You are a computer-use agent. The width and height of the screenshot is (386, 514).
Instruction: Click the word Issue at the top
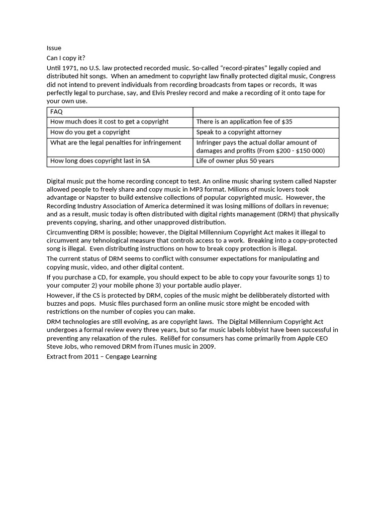pos(54,48)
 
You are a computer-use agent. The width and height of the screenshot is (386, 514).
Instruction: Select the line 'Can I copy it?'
pos(66,58)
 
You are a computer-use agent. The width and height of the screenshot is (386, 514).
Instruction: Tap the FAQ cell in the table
pos(56,111)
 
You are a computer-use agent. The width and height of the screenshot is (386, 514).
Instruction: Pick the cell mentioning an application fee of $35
pos(244,122)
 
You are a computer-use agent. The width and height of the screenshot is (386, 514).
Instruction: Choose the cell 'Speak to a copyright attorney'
pos(239,132)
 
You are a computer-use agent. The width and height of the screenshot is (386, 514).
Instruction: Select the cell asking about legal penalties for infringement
pos(116,143)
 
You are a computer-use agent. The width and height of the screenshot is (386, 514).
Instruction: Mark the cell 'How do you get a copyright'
pos(90,132)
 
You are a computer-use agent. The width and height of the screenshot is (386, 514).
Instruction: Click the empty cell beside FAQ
pos(265,111)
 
